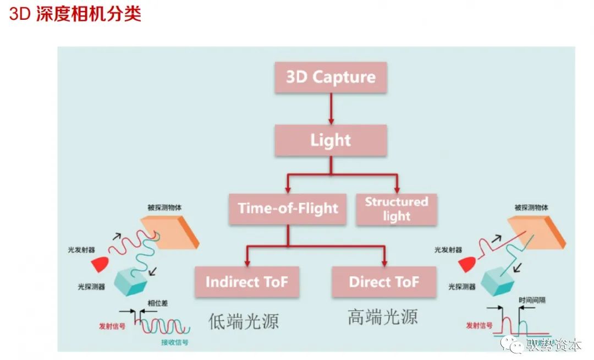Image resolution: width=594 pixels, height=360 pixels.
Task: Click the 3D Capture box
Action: (331, 77)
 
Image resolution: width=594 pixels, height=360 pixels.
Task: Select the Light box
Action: (331, 140)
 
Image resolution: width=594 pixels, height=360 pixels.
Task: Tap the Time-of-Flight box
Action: (288, 209)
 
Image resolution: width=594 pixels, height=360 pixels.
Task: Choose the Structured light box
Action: (397, 209)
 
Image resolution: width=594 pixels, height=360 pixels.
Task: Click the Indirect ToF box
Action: (247, 282)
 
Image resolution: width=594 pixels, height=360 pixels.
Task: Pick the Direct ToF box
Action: (384, 282)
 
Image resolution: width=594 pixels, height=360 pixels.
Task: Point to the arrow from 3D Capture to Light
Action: (331, 109)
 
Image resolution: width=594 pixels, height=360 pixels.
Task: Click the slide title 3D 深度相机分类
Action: (75, 14)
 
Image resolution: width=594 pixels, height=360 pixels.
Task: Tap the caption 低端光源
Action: (244, 321)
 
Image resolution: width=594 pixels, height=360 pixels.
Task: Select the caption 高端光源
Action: (383, 317)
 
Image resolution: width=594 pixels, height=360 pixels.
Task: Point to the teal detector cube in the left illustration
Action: (130, 282)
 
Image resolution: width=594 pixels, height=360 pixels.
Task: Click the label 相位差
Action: (158, 303)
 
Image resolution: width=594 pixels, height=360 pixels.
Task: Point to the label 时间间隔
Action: (532, 300)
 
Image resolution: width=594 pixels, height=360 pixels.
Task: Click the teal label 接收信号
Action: (175, 342)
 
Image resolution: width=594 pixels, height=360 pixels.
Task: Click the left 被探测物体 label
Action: (164, 208)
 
